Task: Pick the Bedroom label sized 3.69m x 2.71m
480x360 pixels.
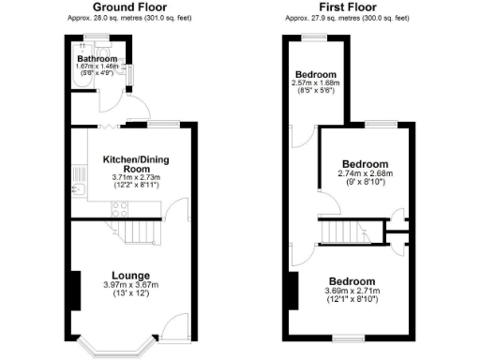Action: click(352, 281)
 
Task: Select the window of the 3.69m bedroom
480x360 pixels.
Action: click(350, 337)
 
